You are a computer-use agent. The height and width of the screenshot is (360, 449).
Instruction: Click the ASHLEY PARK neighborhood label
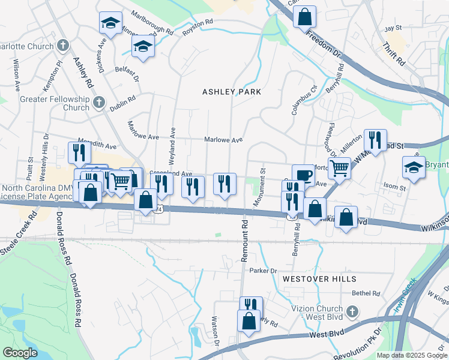[232, 92]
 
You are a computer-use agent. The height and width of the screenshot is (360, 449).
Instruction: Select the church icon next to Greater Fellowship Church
[99, 103]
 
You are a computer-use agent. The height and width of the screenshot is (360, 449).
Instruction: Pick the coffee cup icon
[303, 175]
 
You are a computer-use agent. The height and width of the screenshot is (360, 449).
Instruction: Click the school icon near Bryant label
[414, 167]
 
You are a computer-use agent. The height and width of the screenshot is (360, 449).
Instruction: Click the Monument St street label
[259, 192]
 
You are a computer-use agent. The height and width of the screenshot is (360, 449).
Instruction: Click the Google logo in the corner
[20, 353]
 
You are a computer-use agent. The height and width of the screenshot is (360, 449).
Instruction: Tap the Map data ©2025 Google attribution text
[411, 355]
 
